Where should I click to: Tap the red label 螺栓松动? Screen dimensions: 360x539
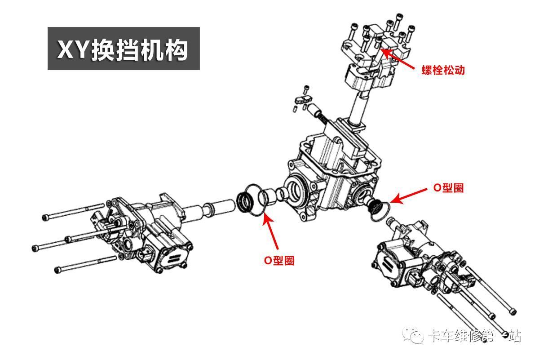(x=442, y=71)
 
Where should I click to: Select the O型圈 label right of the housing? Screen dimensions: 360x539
(x=448, y=188)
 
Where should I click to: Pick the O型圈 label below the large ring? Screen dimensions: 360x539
(x=279, y=260)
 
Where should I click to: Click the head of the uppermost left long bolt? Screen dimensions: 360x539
(x=44, y=218)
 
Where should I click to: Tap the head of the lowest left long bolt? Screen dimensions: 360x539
(x=57, y=270)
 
